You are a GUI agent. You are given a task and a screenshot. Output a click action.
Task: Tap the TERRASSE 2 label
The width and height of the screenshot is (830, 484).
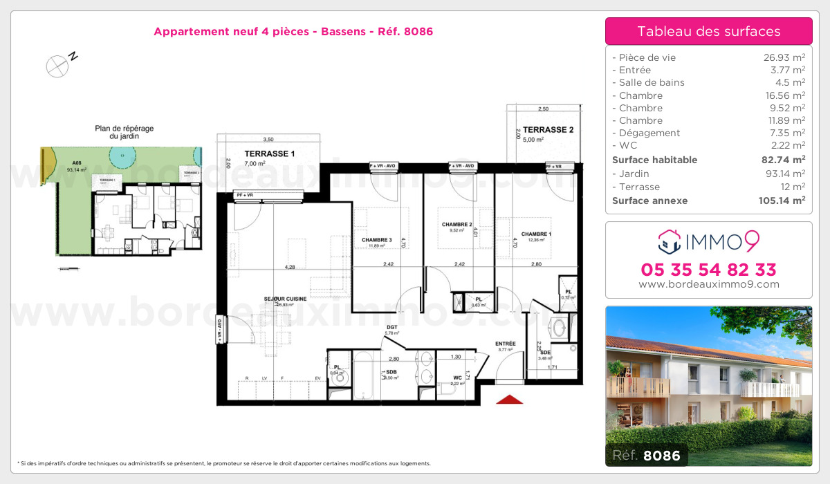[x=548, y=129]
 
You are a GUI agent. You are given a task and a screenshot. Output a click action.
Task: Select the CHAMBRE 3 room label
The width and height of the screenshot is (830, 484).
[x=376, y=240]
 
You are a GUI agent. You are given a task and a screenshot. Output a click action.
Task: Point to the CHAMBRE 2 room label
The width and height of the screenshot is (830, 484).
[x=456, y=225]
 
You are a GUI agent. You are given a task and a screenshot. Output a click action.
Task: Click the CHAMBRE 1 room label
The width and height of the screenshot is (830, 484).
[x=536, y=234]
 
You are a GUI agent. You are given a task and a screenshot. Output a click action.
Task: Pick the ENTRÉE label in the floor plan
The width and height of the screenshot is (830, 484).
[x=505, y=344]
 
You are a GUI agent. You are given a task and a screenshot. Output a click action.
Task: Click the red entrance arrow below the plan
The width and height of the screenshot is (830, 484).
[x=509, y=399]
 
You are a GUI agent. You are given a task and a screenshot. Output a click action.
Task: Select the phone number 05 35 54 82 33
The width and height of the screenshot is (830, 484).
[x=709, y=270]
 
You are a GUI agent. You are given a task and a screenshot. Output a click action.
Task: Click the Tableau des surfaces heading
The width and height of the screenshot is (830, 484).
[x=708, y=31]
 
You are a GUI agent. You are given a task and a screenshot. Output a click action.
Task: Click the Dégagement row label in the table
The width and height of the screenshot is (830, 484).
[x=649, y=133]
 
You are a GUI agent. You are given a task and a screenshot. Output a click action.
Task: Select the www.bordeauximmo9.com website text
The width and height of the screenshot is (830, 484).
[x=709, y=284]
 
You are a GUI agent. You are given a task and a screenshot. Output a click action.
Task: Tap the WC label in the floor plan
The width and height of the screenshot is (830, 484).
[x=458, y=378]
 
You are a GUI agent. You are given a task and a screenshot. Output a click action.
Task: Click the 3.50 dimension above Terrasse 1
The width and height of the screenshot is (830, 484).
[x=268, y=139]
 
